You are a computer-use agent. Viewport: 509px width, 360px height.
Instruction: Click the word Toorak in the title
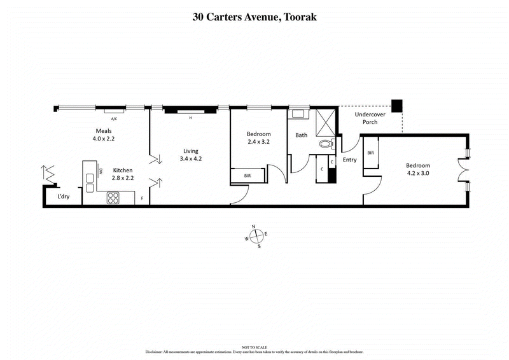tap(298, 17)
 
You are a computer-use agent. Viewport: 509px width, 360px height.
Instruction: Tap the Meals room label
tap(104, 130)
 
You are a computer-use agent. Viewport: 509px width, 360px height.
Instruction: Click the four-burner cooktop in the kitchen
tap(113, 198)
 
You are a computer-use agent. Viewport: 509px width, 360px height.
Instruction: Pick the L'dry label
tap(64, 197)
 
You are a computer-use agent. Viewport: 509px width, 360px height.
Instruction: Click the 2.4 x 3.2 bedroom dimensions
tap(259, 142)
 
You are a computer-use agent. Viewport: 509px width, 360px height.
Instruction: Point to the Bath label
tap(302, 135)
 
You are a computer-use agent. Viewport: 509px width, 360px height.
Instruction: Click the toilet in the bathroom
tap(326, 145)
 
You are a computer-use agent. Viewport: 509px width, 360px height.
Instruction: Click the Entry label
tap(349, 160)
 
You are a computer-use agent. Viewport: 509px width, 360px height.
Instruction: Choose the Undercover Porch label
tap(366, 118)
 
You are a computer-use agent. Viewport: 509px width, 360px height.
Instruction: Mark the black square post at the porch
tap(397, 106)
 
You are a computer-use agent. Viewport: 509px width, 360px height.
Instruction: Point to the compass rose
tap(255, 236)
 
